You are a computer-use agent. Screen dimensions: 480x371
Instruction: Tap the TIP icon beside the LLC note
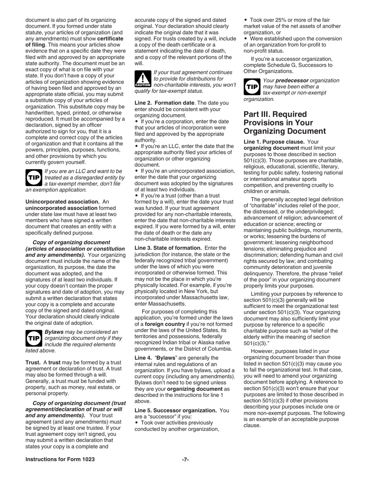point(32,178)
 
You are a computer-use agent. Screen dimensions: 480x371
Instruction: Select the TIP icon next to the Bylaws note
point(32,338)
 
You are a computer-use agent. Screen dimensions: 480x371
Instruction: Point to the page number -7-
point(185,459)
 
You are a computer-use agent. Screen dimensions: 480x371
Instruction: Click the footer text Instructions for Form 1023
point(60,459)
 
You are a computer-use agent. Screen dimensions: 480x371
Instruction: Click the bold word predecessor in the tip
point(293,80)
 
